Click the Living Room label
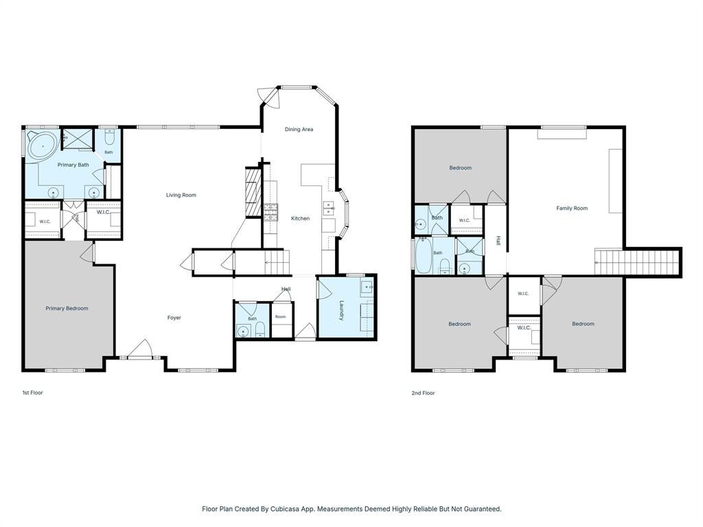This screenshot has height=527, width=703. point(181,195)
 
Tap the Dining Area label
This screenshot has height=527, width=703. point(299,129)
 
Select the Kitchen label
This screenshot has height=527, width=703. point(301,218)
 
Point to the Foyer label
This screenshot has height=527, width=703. point(174,318)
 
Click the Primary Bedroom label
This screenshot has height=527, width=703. point(67,308)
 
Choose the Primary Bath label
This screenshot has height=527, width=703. point(73,165)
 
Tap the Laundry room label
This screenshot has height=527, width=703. point(342,310)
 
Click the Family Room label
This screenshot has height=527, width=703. point(572,208)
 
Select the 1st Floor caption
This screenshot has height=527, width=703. point(33,393)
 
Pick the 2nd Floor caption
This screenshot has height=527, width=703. point(423,393)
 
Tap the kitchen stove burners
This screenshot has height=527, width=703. point(270,213)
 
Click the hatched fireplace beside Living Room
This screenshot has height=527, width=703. point(253,192)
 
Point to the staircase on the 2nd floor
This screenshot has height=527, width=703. point(637,262)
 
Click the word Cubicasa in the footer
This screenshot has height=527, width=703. point(286,509)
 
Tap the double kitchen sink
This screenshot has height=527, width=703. point(329,209)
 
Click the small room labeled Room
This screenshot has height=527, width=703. point(281,319)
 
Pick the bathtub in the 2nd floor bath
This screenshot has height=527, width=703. point(423,255)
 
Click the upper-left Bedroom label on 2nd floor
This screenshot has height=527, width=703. point(461,168)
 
